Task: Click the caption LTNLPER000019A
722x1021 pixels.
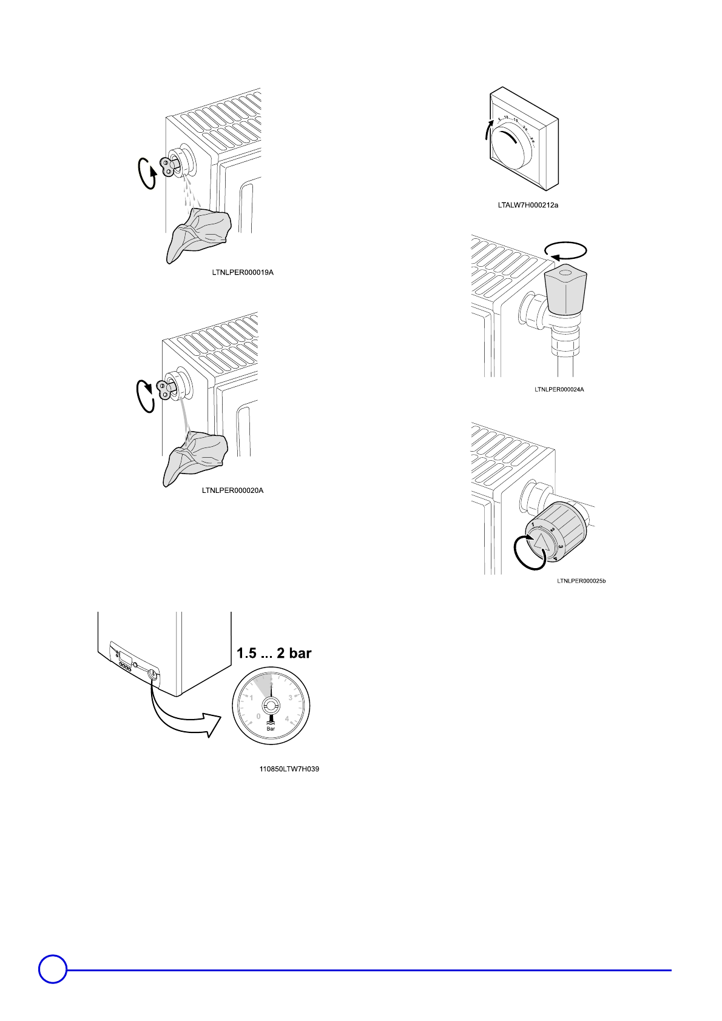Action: coord(243,272)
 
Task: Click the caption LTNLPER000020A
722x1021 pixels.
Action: coord(232,490)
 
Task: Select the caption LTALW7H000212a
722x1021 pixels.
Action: coord(528,205)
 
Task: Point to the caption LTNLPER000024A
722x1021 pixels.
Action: coord(559,389)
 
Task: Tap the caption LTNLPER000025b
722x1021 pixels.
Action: coord(581,581)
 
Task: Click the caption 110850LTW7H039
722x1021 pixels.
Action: coord(289,769)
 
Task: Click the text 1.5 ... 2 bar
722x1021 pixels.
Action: coord(274,653)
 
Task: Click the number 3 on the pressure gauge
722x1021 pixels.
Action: coord(290,698)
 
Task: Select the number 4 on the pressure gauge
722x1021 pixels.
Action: coord(287,719)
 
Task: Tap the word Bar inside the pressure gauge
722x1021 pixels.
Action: coord(271,728)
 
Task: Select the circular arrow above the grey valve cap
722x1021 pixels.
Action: coord(565,250)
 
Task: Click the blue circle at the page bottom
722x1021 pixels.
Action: coord(53,969)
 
